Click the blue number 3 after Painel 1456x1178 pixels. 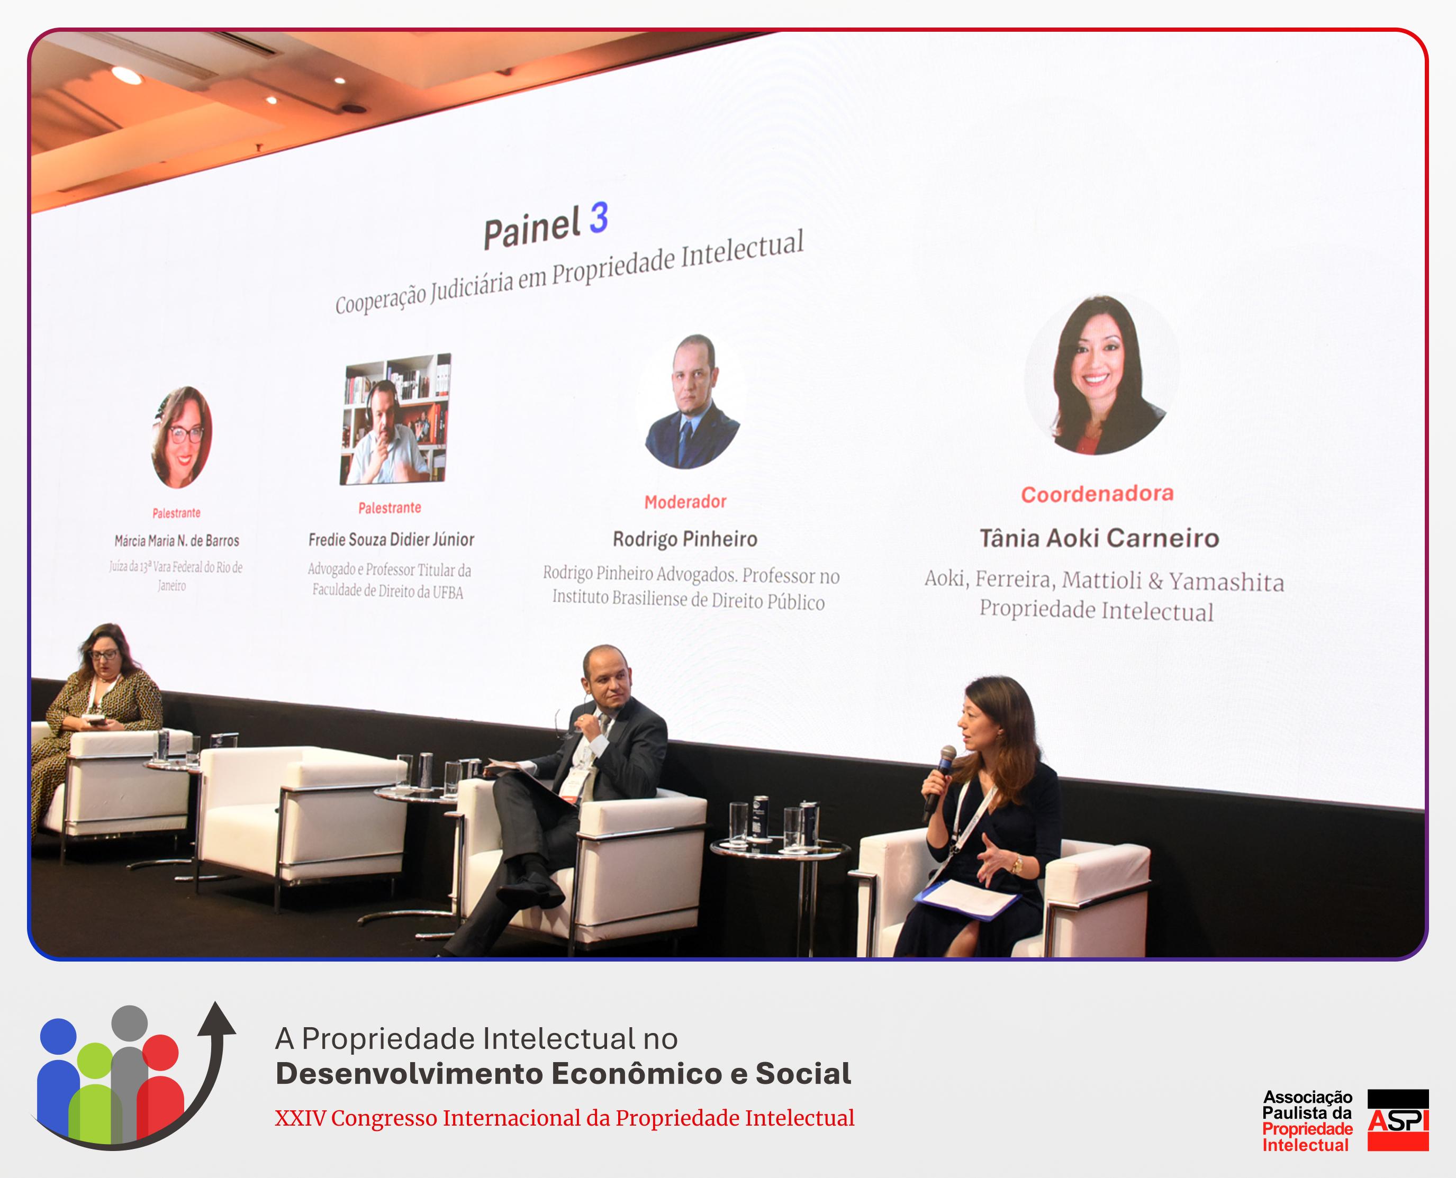(599, 219)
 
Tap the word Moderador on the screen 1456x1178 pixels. (685, 502)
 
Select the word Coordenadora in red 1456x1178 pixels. (1097, 493)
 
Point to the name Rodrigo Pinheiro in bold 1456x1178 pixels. (685, 539)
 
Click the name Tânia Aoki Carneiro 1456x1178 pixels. (1099, 538)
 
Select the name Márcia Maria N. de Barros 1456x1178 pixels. (176, 541)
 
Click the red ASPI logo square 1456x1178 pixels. (1398, 1120)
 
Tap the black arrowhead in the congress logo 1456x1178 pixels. (216, 1019)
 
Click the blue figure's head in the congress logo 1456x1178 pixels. (58, 1036)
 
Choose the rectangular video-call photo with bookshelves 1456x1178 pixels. (395, 418)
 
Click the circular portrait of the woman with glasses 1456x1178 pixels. (181, 437)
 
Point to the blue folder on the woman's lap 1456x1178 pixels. (967, 899)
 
